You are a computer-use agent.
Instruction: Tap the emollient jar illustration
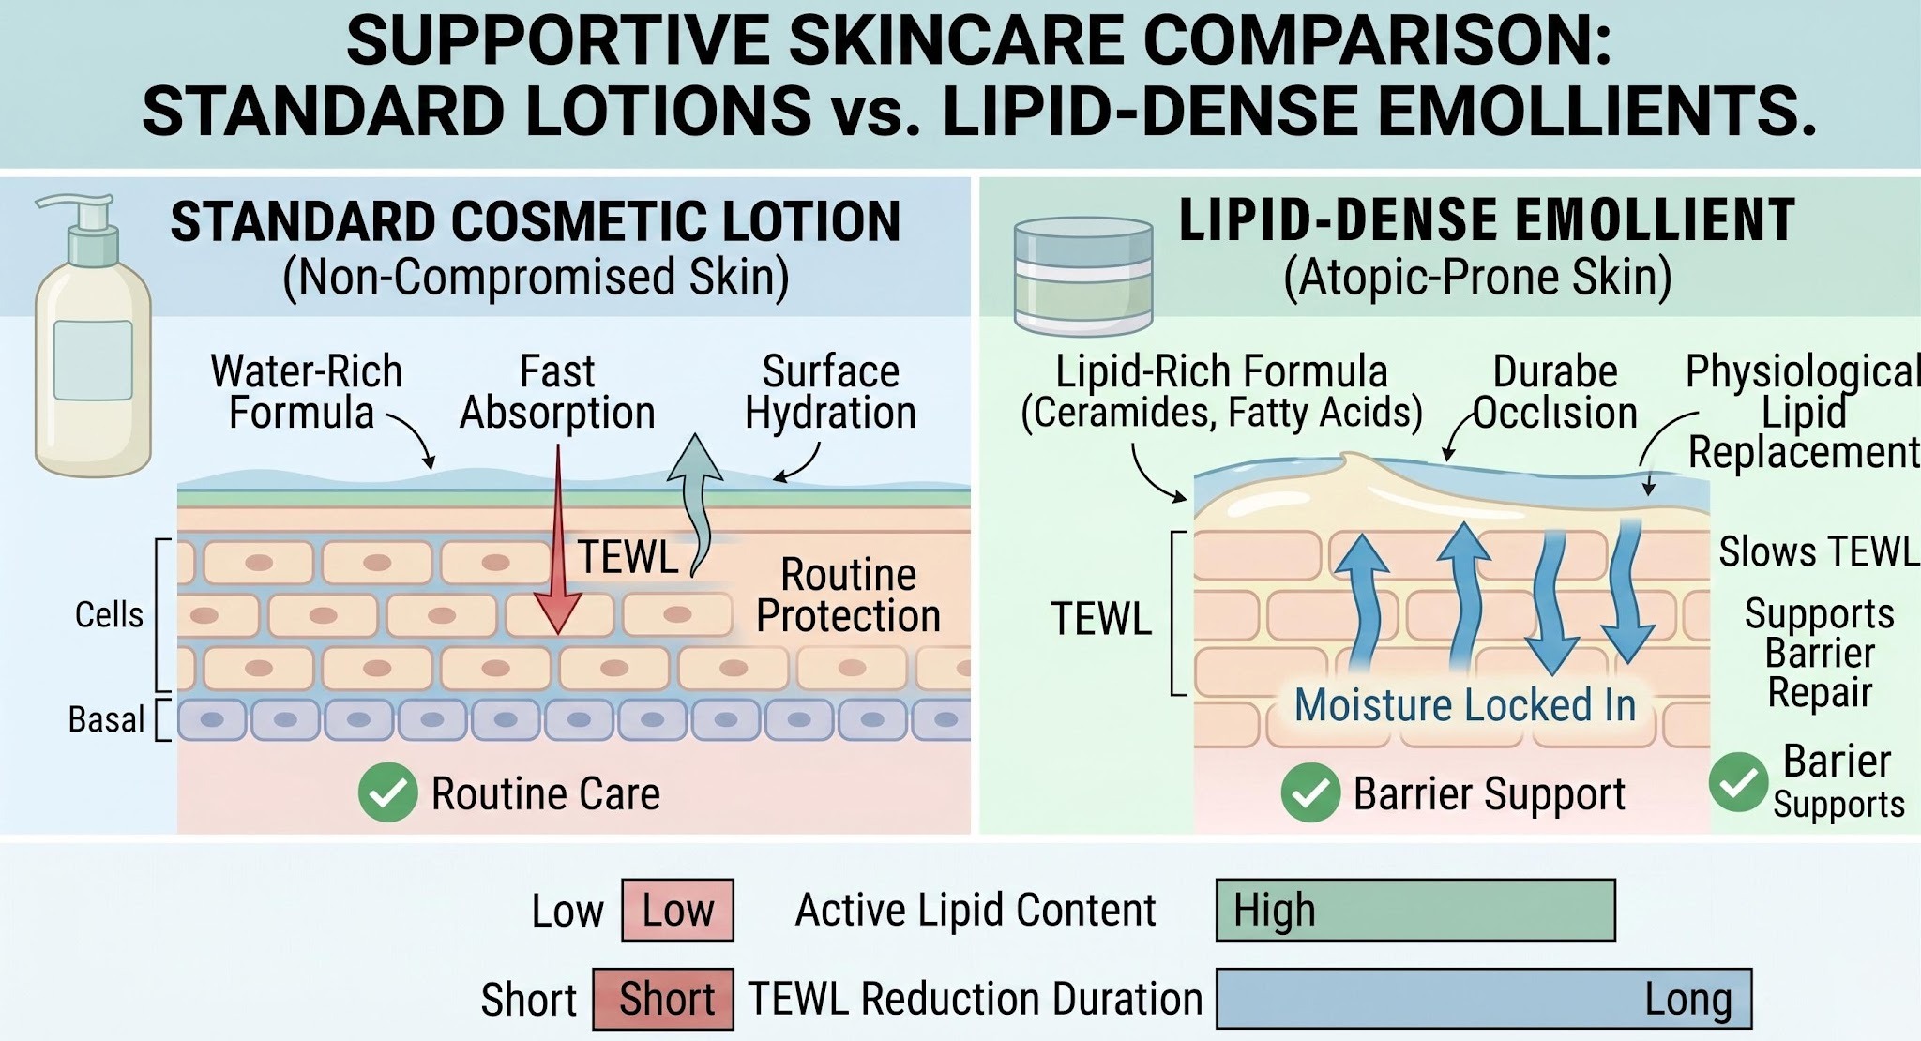[1083, 276]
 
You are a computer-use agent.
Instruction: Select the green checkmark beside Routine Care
[387, 792]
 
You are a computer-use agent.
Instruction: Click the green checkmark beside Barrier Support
[1310, 793]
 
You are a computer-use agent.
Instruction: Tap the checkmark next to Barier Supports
[1738, 782]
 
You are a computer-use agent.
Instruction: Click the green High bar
[1415, 910]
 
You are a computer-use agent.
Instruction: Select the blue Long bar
[1484, 999]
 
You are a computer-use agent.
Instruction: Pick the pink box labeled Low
[677, 910]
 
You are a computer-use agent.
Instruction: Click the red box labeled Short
[663, 999]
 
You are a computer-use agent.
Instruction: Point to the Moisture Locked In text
[1465, 705]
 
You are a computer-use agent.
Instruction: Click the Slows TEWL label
[1818, 551]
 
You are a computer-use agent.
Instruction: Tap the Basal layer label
[106, 719]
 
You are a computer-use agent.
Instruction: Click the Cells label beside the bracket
[109, 615]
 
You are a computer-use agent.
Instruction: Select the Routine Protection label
[848, 595]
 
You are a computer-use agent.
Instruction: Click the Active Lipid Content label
[976, 910]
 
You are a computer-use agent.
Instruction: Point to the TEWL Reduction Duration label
[975, 999]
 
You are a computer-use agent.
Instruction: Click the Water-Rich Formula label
[306, 392]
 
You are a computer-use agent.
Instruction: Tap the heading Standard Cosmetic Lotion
[536, 222]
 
